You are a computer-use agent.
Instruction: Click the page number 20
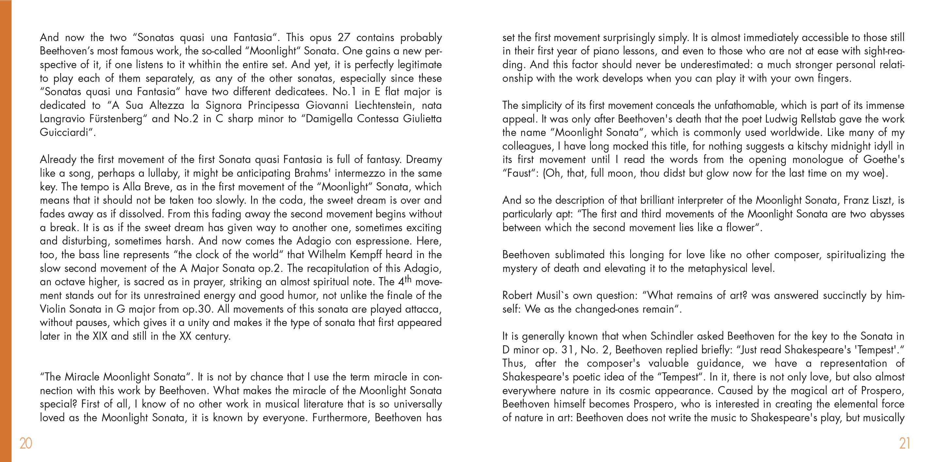pyautogui.click(x=26, y=443)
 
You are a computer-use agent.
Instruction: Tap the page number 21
pyautogui.click(x=904, y=443)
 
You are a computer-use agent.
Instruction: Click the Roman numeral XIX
pyautogui.click(x=100, y=336)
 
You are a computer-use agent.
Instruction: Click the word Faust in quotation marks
pyautogui.click(x=519, y=173)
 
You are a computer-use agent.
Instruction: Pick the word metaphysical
pyautogui.click(x=716, y=268)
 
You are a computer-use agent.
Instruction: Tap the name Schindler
pyautogui.click(x=672, y=336)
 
